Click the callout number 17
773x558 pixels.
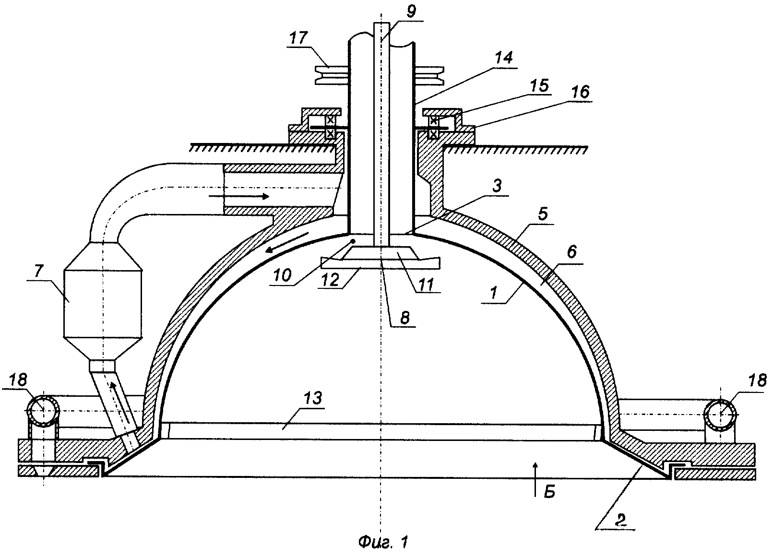click(298, 38)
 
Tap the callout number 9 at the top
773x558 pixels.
click(411, 11)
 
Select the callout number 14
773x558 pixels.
click(504, 59)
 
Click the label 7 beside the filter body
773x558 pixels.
click(39, 272)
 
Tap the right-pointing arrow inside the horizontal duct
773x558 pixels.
click(239, 196)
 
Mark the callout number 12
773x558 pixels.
click(331, 280)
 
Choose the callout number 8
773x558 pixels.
click(405, 318)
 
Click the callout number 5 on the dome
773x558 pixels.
click(543, 214)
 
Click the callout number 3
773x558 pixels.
click(497, 186)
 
